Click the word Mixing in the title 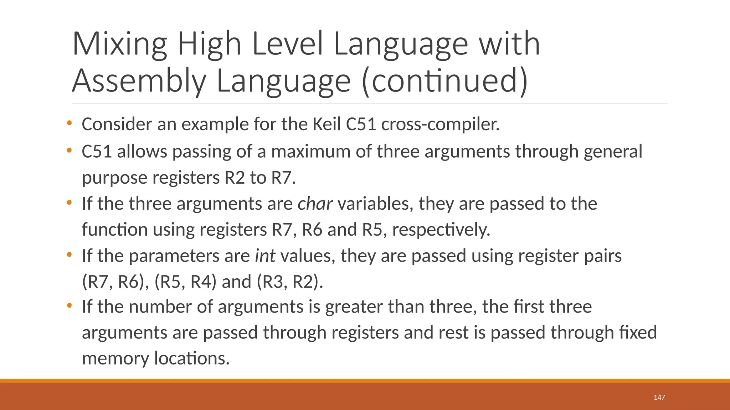click(x=119, y=44)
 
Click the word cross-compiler click(x=440, y=124)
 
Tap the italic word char click(x=315, y=204)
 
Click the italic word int click(x=265, y=256)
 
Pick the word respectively click(x=441, y=230)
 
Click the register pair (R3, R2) click(x=289, y=282)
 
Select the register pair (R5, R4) click(x=185, y=282)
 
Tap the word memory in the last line click(x=115, y=358)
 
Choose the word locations click(x=192, y=358)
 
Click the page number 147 click(x=659, y=397)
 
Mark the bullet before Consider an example click(x=69, y=123)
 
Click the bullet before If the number click(x=69, y=306)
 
